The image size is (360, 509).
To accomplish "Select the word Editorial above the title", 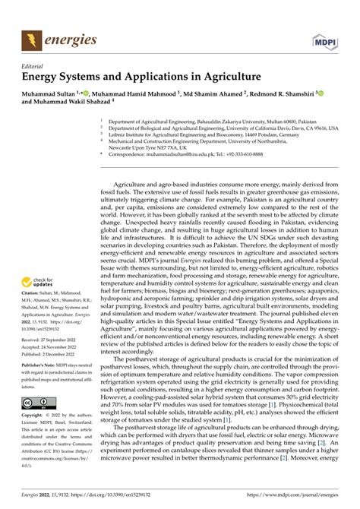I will coord(36,65).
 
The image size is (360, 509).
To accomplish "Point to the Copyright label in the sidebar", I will coord(34,416).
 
